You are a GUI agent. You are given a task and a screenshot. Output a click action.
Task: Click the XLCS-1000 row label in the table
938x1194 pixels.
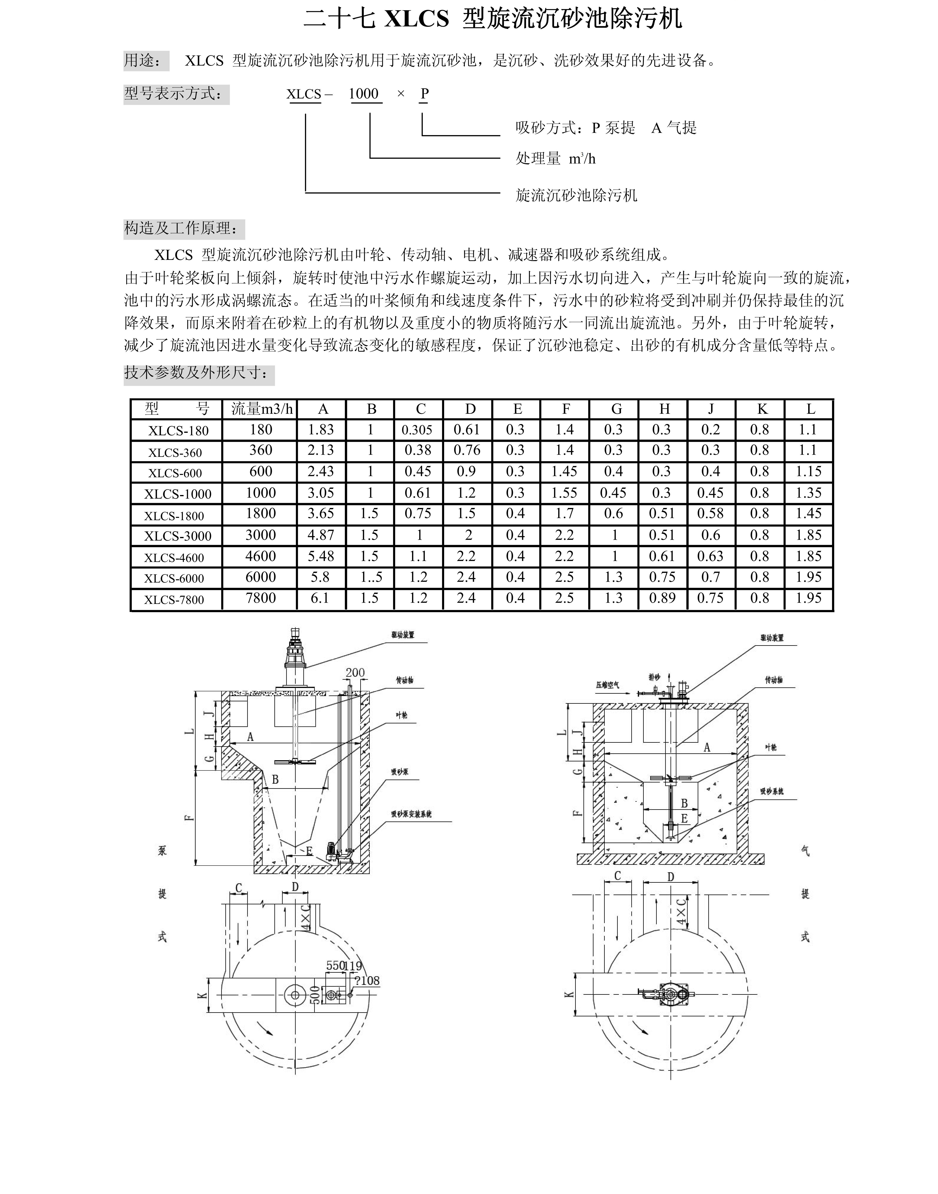point(177,493)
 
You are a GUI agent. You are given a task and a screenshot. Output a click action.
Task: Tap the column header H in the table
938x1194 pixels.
point(665,409)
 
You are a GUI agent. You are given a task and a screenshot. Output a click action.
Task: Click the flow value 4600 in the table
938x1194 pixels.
point(260,556)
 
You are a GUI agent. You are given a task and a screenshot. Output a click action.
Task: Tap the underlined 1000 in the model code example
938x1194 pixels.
point(364,94)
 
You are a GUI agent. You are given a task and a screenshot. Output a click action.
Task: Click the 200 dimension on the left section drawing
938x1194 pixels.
point(355,672)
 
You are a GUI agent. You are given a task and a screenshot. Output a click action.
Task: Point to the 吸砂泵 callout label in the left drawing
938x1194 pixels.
point(399,771)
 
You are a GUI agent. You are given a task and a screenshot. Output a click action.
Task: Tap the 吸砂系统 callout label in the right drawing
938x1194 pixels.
point(772,791)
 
